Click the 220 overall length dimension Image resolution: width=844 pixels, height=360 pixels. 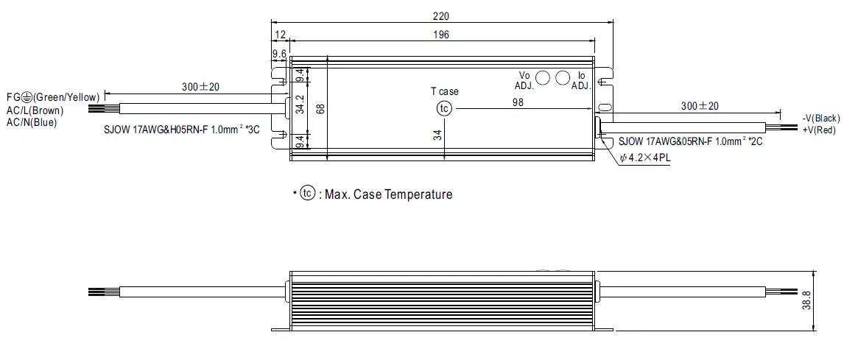pos(442,15)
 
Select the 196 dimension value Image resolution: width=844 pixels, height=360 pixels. pos(442,35)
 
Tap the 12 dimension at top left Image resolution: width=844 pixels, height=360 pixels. pos(280,35)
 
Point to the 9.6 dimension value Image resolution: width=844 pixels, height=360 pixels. pos(279,54)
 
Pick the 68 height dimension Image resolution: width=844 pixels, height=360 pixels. pos(319,108)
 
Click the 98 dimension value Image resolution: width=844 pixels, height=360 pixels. pos(518,102)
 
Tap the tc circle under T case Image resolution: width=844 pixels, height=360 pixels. pos(444,108)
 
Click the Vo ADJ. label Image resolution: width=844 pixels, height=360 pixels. pos(524,80)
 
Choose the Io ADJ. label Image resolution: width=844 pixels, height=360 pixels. pos(581,80)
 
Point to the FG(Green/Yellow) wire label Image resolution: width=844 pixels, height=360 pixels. pos(52,97)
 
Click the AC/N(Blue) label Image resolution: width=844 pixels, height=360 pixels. pos(32,122)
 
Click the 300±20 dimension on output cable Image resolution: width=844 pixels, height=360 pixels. pos(700,106)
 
